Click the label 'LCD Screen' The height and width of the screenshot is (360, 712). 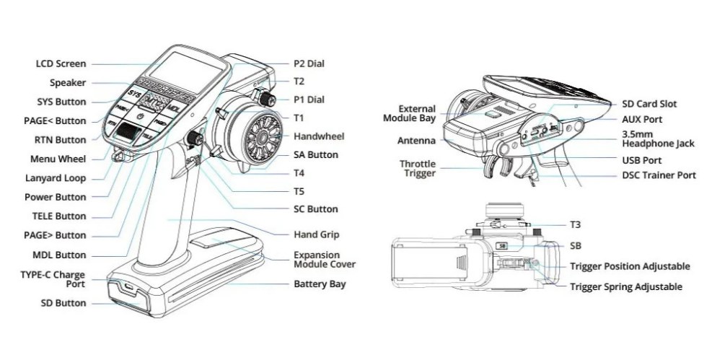61,64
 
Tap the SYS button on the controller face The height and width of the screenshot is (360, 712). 134,95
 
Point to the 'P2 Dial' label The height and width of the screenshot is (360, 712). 309,63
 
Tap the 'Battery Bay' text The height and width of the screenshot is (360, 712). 320,284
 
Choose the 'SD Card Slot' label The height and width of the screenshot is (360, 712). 649,105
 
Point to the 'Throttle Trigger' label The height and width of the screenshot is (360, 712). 418,168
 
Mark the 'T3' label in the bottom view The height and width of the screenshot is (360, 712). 575,224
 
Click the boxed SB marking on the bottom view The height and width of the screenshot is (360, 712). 504,245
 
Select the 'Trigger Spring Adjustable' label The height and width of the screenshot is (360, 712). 625,287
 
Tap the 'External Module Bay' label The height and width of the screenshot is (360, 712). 417,114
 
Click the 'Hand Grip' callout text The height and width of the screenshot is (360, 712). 316,234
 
